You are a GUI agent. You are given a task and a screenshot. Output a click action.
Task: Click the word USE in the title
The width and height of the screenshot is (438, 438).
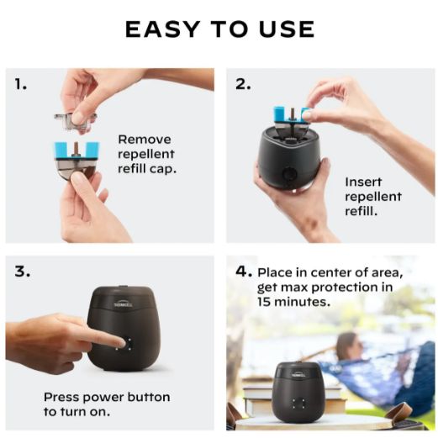click(x=287, y=29)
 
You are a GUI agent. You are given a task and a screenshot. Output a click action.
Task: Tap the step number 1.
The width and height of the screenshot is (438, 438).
click(x=20, y=84)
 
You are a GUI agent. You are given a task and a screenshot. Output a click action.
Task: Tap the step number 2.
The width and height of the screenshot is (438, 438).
click(x=243, y=84)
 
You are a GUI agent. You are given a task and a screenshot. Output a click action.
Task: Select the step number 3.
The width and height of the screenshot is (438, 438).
click(x=23, y=272)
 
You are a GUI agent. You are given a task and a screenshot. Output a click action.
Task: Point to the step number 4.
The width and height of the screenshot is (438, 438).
click(x=244, y=272)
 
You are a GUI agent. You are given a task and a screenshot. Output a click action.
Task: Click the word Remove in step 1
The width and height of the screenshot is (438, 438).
click(x=145, y=140)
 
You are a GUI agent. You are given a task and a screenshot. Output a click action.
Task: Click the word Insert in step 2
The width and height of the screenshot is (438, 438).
click(x=363, y=182)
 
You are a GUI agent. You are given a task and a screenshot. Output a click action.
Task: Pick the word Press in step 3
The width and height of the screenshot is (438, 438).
click(x=61, y=397)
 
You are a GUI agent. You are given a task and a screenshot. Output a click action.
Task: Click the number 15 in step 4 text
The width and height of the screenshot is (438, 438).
click(x=264, y=302)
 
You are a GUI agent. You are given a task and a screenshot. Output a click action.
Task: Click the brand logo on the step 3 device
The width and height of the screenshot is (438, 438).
click(x=124, y=304)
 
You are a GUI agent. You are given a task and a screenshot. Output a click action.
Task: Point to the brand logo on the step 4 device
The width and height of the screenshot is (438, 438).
click(x=298, y=374)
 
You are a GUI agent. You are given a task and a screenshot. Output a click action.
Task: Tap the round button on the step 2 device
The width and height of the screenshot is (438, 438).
click(x=289, y=174)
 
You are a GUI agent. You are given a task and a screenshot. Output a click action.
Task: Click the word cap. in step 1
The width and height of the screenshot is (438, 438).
click(x=163, y=169)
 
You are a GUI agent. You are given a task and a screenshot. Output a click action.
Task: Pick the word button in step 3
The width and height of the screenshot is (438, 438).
click(x=149, y=397)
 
